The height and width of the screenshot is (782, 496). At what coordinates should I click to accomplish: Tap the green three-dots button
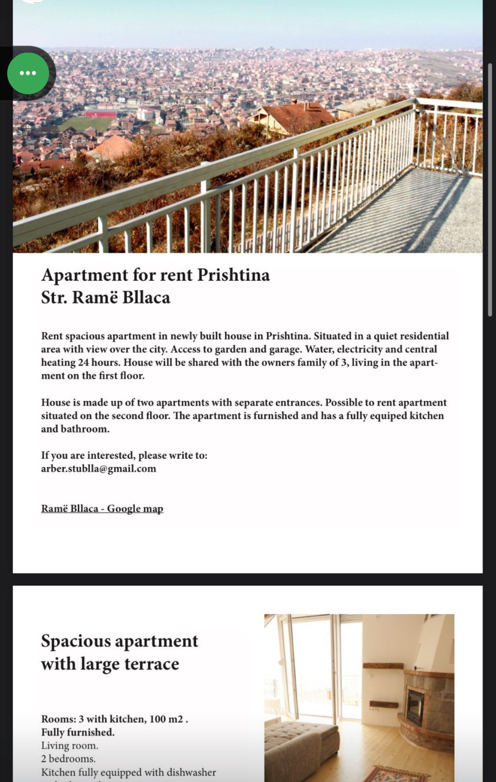(28, 73)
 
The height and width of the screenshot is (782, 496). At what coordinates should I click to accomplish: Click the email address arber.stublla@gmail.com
(99, 469)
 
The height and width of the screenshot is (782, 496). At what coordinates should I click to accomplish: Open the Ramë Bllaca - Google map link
(102, 508)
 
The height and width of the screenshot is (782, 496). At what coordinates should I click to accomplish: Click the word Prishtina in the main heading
(234, 275)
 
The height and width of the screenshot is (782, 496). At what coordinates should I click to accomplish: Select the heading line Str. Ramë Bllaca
(106, 297)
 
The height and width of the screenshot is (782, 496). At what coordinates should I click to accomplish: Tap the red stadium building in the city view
(101, 114)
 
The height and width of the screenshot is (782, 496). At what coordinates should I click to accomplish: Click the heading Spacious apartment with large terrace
(119, 652)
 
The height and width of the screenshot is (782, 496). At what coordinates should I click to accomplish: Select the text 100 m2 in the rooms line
(166, 719)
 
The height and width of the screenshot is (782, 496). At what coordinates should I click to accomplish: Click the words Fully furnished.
(78, 732)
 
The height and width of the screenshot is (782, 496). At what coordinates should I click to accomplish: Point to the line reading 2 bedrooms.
(68, 759)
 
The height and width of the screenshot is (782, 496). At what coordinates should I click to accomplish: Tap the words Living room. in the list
(70, 745)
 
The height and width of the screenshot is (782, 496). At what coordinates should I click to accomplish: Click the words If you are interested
(88, 455)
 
